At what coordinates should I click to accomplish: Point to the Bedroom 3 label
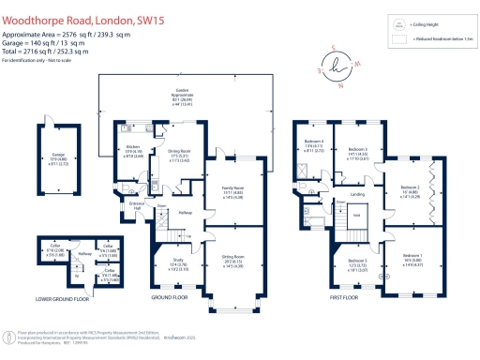[359, 151]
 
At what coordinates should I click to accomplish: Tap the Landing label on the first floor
[358, 195]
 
